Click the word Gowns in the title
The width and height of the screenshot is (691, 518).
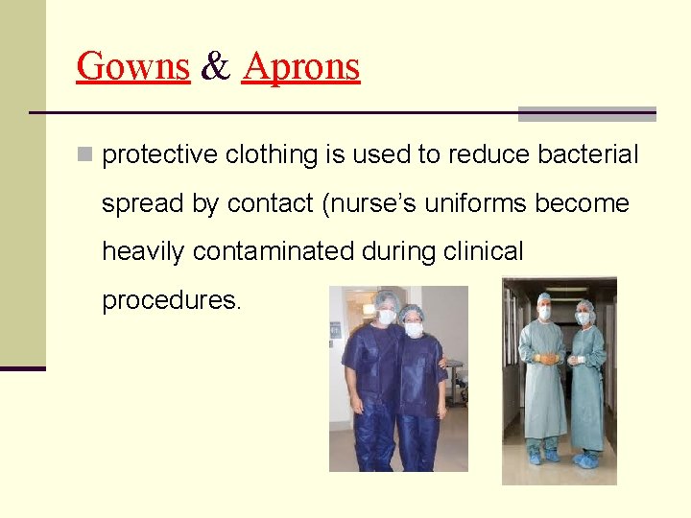tap(132, 66)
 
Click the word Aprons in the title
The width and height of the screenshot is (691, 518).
tap(300, 66)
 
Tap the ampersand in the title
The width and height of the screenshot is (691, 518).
tap(216, 66)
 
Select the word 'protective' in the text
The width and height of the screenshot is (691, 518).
tap(159, 155)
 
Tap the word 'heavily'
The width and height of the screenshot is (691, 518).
tap(144, 251)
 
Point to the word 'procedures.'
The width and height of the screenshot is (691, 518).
tap(173, 300)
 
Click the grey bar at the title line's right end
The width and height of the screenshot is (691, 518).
tap(586, 114)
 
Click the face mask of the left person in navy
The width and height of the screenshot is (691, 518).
tap(387, 317)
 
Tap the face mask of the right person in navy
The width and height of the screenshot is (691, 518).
tap(414, 329)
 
